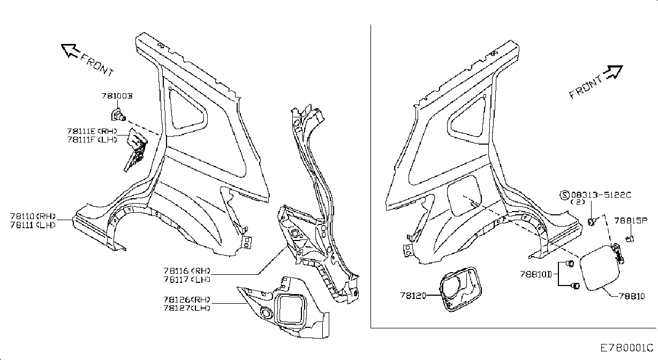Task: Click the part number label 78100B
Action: click(x=117, y=96)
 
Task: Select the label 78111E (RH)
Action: click(x=92, y=131)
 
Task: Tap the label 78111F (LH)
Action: click(x=92, y=139)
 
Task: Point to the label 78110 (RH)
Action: click(x=33, y=216)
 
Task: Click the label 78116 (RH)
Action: click(x=187, y=271)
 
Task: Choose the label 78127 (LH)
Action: click(x=187, y=308)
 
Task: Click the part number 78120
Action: click(x=413, y=295)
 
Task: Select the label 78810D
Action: click(x=536, y=274)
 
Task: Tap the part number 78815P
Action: click(x=631, y=220)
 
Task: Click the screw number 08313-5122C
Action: click(x=601, y=195)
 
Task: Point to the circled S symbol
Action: click(x=564, y=195)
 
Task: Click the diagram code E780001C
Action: click(x=626, y=348)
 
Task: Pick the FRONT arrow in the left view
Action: click(x=70, y=50)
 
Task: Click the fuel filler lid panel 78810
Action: click(x=600, y=268)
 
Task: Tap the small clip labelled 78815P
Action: click(x=630, y=238)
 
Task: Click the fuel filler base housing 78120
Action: click(x=461, y=289)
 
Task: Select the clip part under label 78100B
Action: click(x=118, y=115)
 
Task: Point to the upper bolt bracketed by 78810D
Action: click(x=570, y=264)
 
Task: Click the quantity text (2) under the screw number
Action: click(x=578, y=202)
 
